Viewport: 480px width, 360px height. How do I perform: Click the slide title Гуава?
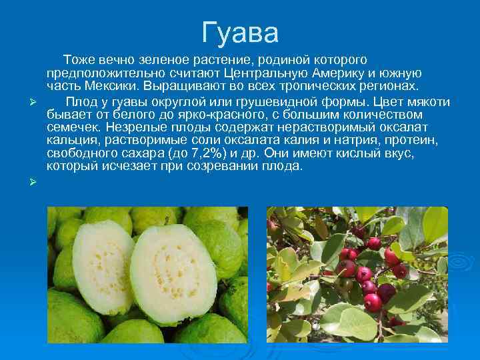click(240, 31)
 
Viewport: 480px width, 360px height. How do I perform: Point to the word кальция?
click(71, 140)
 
